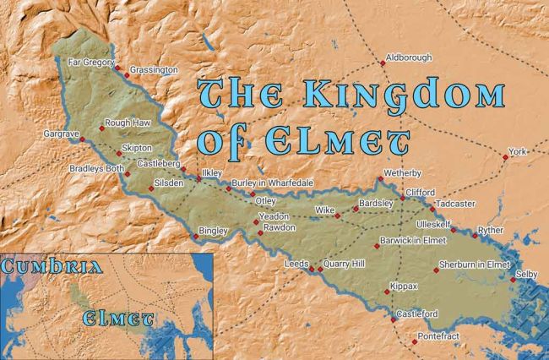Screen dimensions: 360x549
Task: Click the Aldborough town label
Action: coord(408,57)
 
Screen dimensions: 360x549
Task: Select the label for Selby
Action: coord(525,275)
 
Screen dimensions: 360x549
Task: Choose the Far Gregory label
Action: coord(90,61)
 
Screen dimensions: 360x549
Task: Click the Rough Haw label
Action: coord(128,123)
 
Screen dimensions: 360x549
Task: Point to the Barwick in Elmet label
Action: coord(414,241)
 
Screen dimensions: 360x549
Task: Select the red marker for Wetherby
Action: coord(380,178)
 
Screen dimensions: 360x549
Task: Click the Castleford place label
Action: coord(417,314)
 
